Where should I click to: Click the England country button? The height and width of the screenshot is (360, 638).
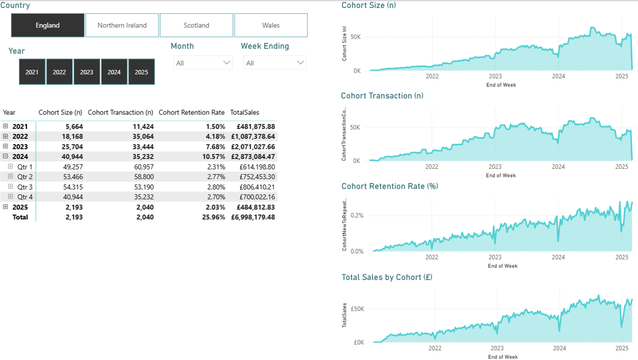47,25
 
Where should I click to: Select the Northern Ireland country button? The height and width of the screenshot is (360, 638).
122,25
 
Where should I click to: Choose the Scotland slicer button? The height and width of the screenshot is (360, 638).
196,25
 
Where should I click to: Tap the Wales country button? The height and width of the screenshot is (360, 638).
271,25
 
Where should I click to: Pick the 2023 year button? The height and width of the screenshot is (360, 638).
86,72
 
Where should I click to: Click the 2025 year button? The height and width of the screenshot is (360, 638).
141,72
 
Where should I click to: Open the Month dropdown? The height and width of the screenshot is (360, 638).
203,63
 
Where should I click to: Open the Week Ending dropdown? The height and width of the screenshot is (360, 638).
275,63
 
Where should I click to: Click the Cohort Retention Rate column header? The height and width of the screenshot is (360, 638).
191,112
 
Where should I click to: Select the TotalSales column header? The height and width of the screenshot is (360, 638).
244,112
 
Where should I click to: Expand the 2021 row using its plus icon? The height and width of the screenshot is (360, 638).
6,126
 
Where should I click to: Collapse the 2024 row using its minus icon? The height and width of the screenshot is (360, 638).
6,156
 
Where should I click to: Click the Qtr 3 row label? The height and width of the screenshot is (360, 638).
25,187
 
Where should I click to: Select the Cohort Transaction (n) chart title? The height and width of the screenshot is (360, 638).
382,96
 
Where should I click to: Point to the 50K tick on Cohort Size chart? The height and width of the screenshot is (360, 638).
356,37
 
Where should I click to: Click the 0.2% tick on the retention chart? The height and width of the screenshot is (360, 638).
356,216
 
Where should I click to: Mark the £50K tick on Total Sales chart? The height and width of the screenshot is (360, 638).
358,309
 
